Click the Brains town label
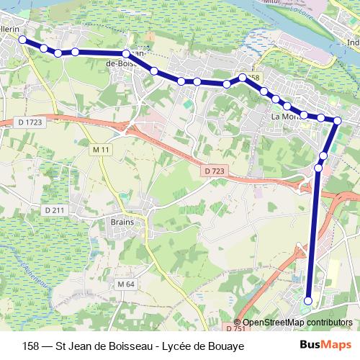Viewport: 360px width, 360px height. click(x=123, y=222)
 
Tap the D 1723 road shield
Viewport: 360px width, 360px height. click(x=30, y=123)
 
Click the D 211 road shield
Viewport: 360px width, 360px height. click(x=54, y=210)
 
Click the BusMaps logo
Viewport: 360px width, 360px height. click(x=322, y=346)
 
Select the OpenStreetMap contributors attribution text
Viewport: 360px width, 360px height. click(x=297, y=323)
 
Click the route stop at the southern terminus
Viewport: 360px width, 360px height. click(x=308, y=301)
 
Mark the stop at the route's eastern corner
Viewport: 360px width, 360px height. click(x=336, y=120)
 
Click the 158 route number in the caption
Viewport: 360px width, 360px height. click(x=32, y=346)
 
